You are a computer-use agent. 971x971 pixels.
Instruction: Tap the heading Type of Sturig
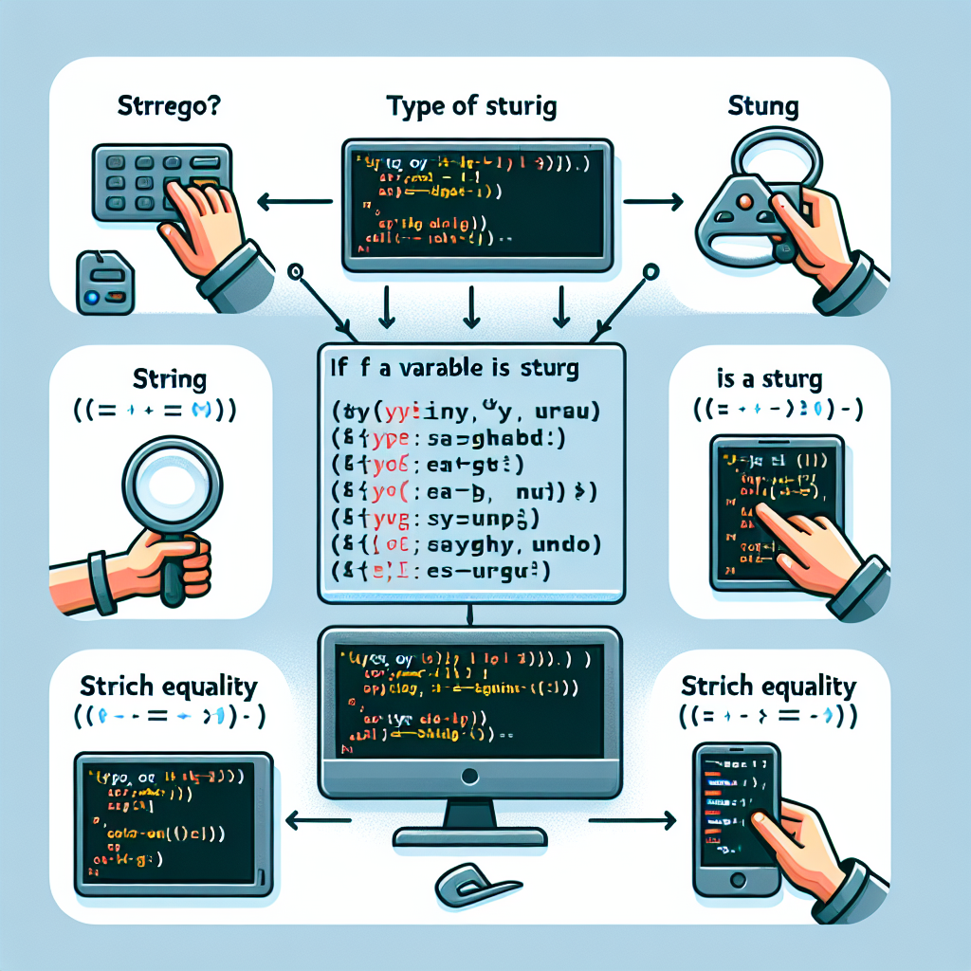[x=471, y=106]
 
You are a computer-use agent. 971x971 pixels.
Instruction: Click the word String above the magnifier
[x=161, y=381]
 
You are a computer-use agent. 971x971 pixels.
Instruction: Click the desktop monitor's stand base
[x=472, y=836]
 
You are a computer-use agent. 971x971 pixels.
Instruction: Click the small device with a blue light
[x=99, y=284]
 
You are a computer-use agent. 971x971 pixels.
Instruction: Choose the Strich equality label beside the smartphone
[x=768, y=687]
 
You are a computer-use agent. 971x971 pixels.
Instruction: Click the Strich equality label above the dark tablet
[x=171, y=687]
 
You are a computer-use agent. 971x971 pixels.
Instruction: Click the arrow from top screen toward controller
[x=655, y=201]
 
